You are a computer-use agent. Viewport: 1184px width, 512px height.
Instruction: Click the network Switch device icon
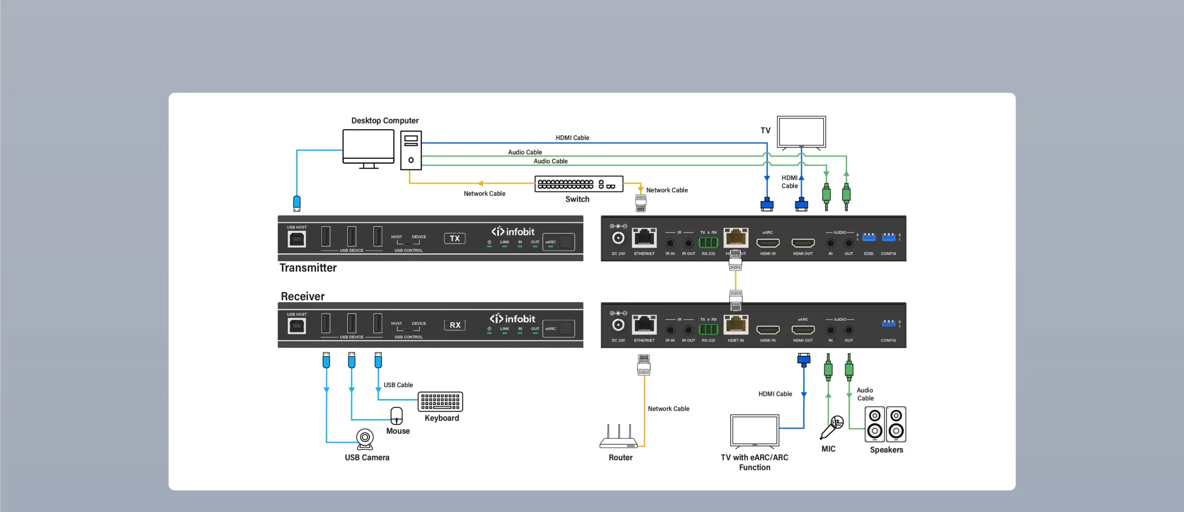pyautogui.click(x=579, y=184)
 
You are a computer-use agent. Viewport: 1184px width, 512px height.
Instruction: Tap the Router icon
pyautogui.click(x=618, y=438)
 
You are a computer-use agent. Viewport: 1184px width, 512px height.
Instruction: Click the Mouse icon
pyautogui.click(x=396, y=416)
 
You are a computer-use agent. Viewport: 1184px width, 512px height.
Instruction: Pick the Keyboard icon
pyautogui.click(x=440, y=401)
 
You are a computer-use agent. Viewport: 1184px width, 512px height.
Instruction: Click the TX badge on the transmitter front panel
pyautogui.click(x=455, y=239)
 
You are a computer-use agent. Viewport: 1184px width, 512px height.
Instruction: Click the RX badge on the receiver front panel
pyautogui.click(x=455, y=325)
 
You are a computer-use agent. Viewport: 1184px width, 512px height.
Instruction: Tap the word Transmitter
pyautogui.click(x=308, y=268)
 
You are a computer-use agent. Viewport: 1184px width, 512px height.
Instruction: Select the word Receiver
pyautogui.click(x=302, y=296)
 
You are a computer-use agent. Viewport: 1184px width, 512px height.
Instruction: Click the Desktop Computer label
pyautogui.click(x=385, y=121)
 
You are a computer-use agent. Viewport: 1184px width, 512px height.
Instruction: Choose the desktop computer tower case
pyautogui.click(x=411, y=150)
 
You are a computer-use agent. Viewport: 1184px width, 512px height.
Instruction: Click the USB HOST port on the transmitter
pyautogui.click(x=296, y=239)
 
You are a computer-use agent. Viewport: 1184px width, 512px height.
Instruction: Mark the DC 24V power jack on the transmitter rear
pyautogui.click(x=618, y=238)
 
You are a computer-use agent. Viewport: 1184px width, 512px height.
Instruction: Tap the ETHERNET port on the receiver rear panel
pyautogui.click(x=644, y=324)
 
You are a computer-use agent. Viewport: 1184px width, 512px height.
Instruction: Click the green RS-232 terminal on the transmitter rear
pyautogui.click(x=708, y=242)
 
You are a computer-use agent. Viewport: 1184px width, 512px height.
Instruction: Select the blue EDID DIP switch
pyautogui.click(x=869, y=237)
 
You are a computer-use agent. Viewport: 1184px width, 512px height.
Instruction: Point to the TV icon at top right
pyautogui.click(x=802, y=132)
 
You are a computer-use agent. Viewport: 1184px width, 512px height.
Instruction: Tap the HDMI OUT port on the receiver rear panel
pyautogui.click(x=803, y=330)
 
